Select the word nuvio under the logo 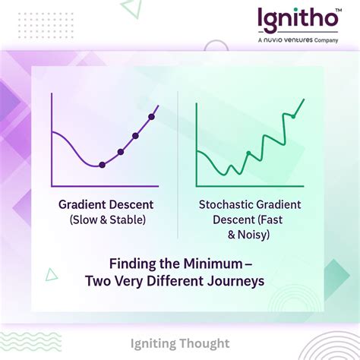[x=278, y=39]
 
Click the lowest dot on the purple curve [x=103, y=165]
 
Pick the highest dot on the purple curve [x=151, y=116]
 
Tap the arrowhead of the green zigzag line [x=303, y=101]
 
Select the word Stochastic [x=225, y=205]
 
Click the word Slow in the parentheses [x=85, y=220]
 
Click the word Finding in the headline [x=130, y=265]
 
